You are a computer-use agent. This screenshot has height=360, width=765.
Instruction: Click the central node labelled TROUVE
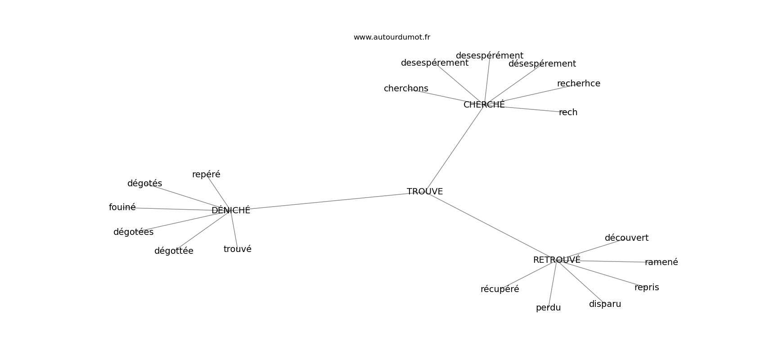click(424, 192)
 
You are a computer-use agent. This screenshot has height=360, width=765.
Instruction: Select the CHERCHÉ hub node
click(484, 104)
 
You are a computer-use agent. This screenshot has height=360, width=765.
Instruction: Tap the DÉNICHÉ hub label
click(231, 210)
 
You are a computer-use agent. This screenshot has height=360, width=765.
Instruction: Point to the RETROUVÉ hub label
click(557, 260)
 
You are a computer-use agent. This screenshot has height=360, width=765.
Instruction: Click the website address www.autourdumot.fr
click(391, 37)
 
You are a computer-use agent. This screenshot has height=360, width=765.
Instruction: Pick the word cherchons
click(406, 89)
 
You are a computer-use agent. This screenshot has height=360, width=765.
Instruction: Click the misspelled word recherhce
click(579, 83)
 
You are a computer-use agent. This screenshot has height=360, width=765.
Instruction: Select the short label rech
click(568, 112)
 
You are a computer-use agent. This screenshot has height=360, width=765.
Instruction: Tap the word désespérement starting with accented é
click(542, 64)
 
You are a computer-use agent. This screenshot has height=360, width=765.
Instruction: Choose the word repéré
click(206, 175)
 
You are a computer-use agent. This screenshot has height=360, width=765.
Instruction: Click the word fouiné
click(122, 207)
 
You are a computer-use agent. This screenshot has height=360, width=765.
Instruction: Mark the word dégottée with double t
click(174, 251)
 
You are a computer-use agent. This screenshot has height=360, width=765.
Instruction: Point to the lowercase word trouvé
click(237, 249)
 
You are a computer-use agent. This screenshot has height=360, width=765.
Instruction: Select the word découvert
click(626, 238)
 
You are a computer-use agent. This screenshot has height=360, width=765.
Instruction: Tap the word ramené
click(661, 262)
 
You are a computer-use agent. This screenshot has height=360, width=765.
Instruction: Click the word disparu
click(605, 304)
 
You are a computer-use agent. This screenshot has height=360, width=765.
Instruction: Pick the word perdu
click(548, 308)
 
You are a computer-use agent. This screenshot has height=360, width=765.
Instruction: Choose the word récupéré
click(499, 289)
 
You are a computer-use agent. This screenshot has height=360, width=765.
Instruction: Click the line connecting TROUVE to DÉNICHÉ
click(328, 201)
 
